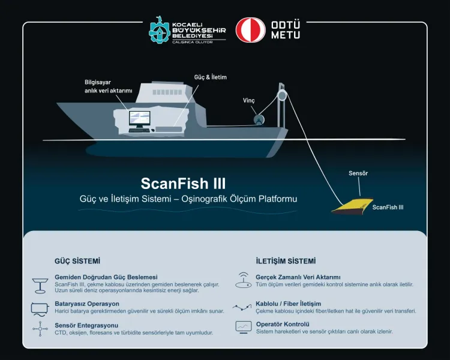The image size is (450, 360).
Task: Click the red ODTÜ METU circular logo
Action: click(x=250, y=30)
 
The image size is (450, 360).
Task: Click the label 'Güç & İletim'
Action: click(x=211, y=77)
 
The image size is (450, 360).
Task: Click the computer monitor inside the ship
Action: click(x=139, y=121)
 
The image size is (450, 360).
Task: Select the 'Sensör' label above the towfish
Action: click(x=358, y=173)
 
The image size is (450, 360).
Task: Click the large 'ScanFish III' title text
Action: click(x=183, y=182)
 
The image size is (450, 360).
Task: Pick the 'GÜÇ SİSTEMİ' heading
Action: click(x=77, y=262)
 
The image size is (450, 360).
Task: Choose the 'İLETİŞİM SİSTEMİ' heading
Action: click(x=286, y=262)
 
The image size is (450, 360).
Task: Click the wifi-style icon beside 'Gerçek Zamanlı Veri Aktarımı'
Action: click(x=243, y=280)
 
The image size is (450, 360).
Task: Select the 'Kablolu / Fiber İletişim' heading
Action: click(x=288, y=304)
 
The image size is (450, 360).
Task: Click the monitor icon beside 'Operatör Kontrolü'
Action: click(x=243, y=327)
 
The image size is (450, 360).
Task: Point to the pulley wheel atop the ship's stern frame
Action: click(x=281, y=94)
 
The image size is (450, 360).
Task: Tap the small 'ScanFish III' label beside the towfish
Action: click(x=388, y=208)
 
